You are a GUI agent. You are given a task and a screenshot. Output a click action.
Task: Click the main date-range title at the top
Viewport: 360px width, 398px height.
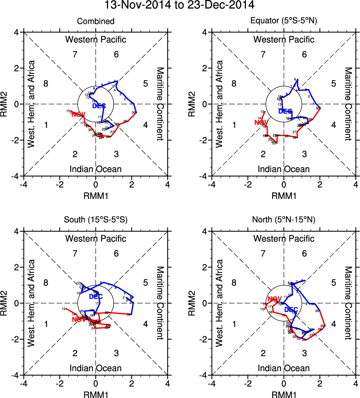point(180,5)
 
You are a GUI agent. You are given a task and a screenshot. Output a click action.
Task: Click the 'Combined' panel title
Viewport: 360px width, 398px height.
point(96,21)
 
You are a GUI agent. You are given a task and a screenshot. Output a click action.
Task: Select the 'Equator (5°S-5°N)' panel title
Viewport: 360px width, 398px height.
point(284,21)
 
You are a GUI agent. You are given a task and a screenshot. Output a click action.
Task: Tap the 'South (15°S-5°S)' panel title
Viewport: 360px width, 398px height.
point(96,220)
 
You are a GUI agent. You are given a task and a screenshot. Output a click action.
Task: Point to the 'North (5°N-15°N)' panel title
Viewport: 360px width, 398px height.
point(284,220)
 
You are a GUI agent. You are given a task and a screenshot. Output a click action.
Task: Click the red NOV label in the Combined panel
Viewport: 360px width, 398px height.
point(78,114)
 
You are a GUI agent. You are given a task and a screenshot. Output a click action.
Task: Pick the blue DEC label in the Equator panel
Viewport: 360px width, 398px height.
point(285,111)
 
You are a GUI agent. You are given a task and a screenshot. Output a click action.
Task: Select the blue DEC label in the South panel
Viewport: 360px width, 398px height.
point(96,297)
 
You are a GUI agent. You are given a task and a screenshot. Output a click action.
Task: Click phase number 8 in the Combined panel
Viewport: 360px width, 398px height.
point(46,84)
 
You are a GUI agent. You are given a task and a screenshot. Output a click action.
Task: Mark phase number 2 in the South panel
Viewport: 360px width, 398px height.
point(75,353)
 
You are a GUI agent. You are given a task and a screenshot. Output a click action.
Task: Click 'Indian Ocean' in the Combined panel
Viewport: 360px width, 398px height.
point(96,169)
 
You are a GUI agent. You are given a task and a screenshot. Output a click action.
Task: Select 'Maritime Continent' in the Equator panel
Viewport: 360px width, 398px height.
point(348,104)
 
